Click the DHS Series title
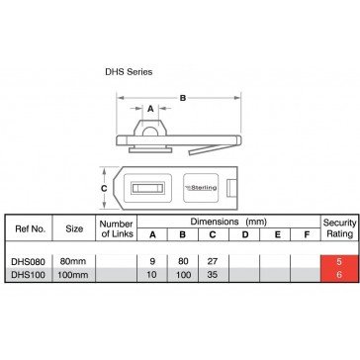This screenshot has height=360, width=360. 129,72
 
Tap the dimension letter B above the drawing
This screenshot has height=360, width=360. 183,98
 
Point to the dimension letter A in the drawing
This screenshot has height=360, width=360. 150,109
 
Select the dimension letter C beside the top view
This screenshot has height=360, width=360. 104,188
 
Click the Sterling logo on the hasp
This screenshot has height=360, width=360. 201,188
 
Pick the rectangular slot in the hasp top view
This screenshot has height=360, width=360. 147,188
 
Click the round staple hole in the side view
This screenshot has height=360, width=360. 150,132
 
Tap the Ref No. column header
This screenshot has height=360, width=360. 30,228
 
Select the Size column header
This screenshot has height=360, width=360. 74,228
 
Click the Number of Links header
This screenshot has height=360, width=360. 117,228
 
